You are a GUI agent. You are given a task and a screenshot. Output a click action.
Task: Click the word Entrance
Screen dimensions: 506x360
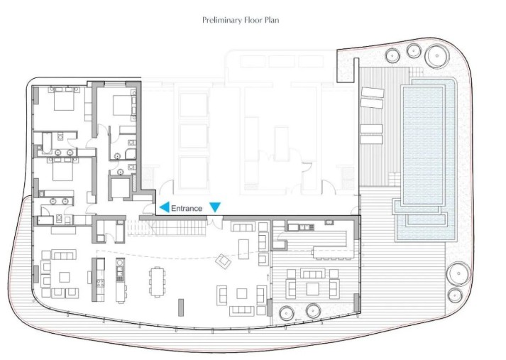[187, 208]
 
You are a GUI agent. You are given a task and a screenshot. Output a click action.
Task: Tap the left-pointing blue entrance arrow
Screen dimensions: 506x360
[165, 207]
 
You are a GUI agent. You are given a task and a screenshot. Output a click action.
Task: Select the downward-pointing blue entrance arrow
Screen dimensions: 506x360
[215, 207]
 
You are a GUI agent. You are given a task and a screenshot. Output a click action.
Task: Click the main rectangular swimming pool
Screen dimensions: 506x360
[423, 146]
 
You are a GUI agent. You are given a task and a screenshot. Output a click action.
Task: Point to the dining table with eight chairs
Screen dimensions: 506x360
[157, 282]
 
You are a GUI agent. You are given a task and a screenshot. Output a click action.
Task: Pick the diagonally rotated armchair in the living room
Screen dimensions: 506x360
[224, 261]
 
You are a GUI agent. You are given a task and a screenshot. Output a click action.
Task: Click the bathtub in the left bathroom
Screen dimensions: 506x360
[47, 143]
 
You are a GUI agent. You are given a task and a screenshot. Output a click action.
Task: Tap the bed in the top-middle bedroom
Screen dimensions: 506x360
[122, 105]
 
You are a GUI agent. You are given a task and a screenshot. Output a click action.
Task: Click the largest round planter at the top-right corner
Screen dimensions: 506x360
[437, 56]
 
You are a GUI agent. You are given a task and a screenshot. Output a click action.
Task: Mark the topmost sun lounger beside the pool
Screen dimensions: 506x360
[373, 92]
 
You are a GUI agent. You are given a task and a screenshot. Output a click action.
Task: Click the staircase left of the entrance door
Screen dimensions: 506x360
[167, 228]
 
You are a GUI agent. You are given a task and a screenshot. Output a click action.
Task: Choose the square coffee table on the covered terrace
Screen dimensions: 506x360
[312, 289]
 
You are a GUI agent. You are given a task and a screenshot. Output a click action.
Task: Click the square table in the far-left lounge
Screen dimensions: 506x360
[65, 277]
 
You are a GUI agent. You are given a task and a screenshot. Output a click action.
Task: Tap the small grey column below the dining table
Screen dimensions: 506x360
[181, 307]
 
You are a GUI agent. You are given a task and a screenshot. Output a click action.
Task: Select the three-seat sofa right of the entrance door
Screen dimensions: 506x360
[243, 227]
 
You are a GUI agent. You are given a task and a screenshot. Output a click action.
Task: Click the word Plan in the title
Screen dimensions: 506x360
[272, 20]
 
